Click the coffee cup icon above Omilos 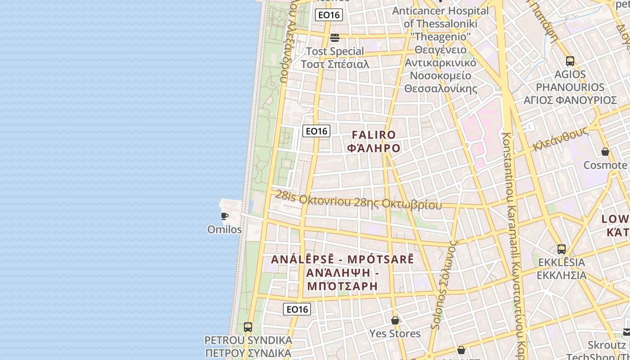point(224,216)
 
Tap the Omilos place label point(225,229)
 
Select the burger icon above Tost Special point(334,37)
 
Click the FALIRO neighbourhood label point(373,135)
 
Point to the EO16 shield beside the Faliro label point(316,131)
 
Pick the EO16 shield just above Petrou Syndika point(297,309)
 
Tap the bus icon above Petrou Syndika point(248,327)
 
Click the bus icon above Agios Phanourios point(570,61)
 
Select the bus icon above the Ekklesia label point(562,249)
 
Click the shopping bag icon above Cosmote point(605,152)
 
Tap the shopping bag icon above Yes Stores point(395,320)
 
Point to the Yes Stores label point(395,333)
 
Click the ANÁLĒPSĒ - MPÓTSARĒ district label point(342,259)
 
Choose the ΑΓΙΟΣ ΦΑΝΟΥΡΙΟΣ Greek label point(570,100)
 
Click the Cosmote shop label point(605,165)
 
